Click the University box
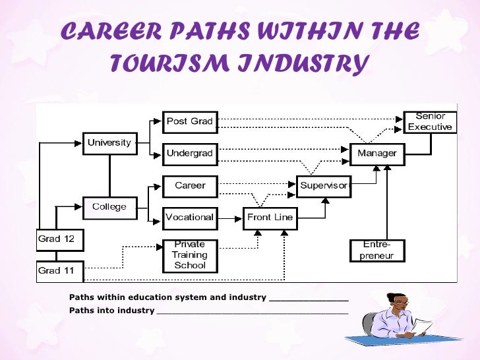point(109,142)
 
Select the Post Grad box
point(189,121)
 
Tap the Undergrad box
point(189,154)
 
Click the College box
point(109,207)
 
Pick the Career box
point(190,186)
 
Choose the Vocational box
point(190,217)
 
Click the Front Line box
point(270,218)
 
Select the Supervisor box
point(324,186)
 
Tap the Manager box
point(377,154)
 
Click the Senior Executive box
point(430,121)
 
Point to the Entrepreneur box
point(377,251)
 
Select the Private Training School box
point(190,255)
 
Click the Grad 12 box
point(59,239)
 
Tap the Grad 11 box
point(59,270)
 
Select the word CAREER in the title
point(112,32)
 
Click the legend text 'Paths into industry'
point(112,311)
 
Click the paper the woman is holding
point(422,325)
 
